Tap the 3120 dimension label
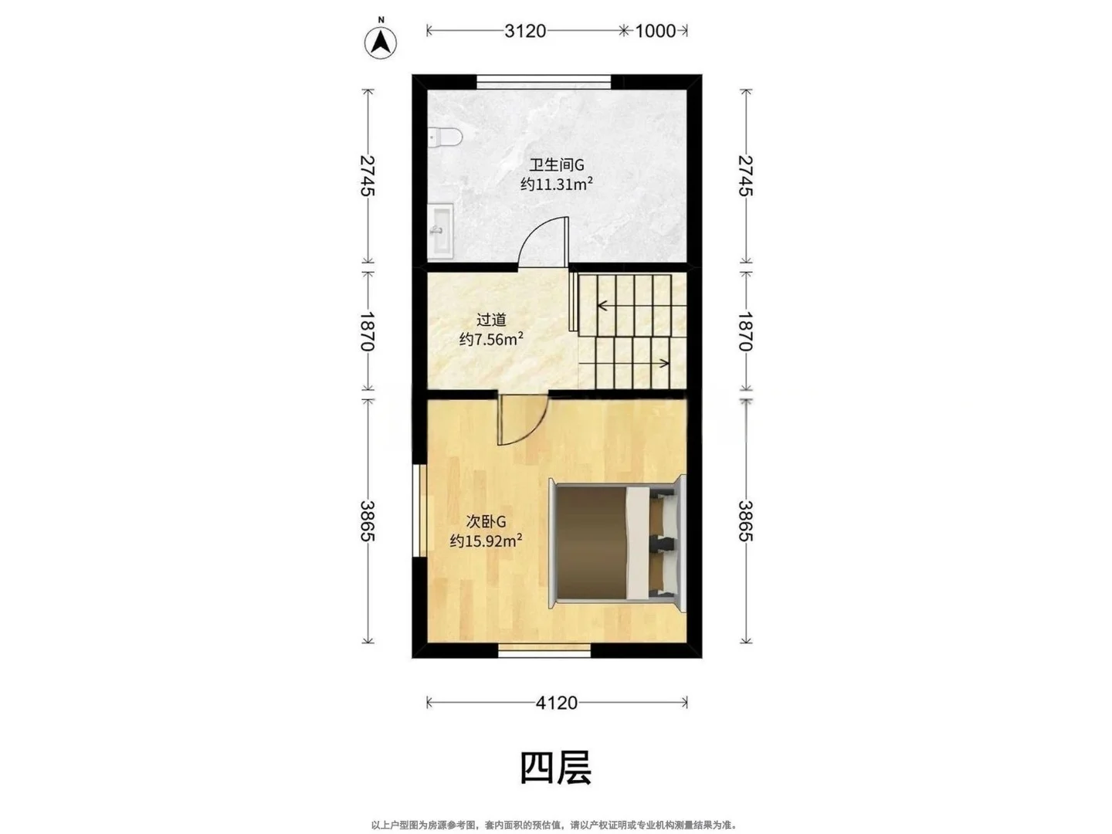(x=525, y=31)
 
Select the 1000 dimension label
(x=655, y=31)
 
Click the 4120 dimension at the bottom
(x=556, y=703)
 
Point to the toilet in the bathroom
(x=444, y=137)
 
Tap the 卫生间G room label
(x=556, y=164)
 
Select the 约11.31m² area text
(x=556, y=184)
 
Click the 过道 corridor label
(x=491, y=320)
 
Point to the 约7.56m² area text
(x=491, y=339)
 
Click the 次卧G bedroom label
(x=486, y=521)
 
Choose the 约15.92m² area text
(x=486, y=541)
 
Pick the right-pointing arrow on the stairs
(x=624, y=363)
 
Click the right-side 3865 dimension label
(x=745, y=521)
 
